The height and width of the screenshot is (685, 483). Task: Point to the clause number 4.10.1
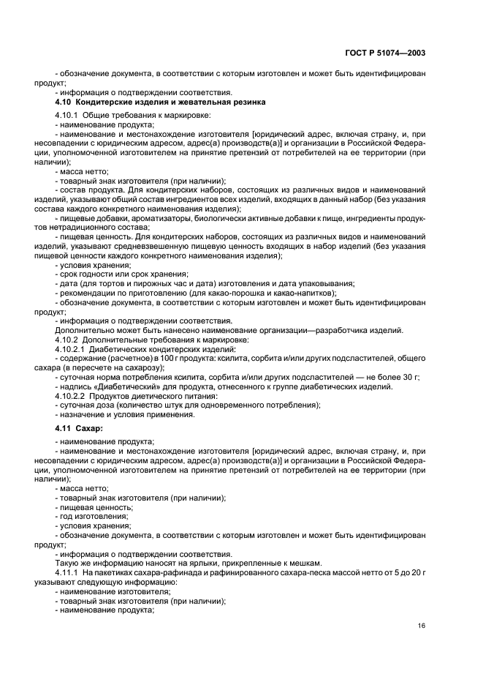pyautogui.click(x=69, y=116)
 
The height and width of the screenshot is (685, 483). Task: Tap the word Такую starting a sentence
pyautogui.click(x=68, y=564)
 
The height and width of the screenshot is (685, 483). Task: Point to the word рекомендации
pyautogui.click(x=89, y=293)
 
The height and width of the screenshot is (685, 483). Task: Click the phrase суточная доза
pyautogui.click(x=90, y=404)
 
